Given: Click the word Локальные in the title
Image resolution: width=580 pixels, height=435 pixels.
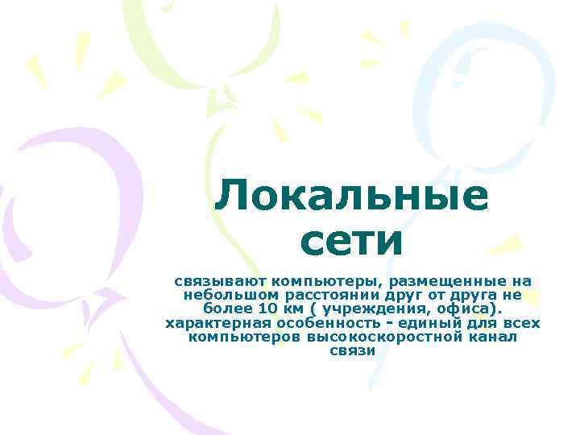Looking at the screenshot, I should [x=351, y=196].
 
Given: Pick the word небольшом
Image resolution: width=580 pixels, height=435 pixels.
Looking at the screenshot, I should [x=224, y=295].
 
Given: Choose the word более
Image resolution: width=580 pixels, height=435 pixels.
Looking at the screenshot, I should [x=227, y=309].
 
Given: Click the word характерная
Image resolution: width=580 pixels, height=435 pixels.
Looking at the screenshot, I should [x=213, y=323].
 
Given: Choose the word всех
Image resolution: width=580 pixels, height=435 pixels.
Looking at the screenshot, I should [x=519, y=323].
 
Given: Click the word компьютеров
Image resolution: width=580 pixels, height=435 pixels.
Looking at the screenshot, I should [x=244, y=337].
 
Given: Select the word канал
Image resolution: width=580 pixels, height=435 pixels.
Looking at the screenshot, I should [x=493, y=337].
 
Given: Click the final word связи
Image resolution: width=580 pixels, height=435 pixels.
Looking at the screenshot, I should [x=353, y=351].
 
